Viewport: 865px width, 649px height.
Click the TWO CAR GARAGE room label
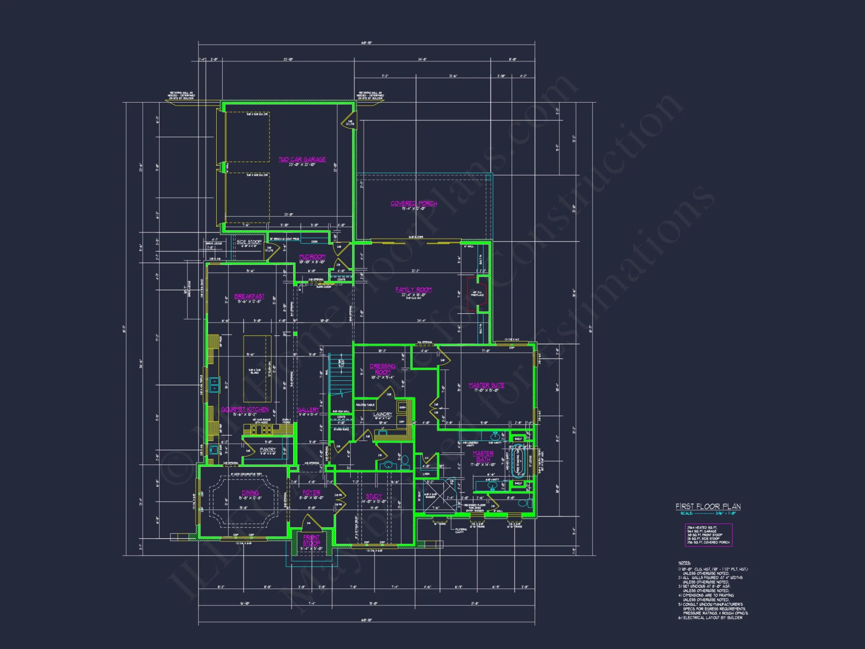tap(302, 159)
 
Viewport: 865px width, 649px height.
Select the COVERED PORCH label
tap(413, 203)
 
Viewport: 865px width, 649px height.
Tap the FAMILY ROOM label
tap(413, 289)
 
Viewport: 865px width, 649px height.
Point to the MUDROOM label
tap(312, 257)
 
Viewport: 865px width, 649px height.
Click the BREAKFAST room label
tap(249, 296)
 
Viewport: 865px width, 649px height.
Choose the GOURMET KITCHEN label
tap(245, 409)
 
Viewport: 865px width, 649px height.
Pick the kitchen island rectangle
tap(257, 369)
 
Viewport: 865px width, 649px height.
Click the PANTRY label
tap(268, 450)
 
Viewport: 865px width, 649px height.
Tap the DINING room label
tap(250, 493)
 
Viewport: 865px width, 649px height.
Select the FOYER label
tap(311, 493)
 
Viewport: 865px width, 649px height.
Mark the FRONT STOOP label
tap(311, 540)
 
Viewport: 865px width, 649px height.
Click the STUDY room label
tap(374, 496)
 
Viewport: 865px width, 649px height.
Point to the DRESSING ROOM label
tap(382, 369)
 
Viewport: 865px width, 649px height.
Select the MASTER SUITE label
tap(486, 385)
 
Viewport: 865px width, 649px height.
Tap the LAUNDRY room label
tap(382, 414)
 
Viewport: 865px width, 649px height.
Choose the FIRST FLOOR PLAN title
tap(708, 506)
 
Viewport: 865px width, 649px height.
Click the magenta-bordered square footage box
tap(708, 535)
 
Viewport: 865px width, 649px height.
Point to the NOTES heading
tap(684, 563)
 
